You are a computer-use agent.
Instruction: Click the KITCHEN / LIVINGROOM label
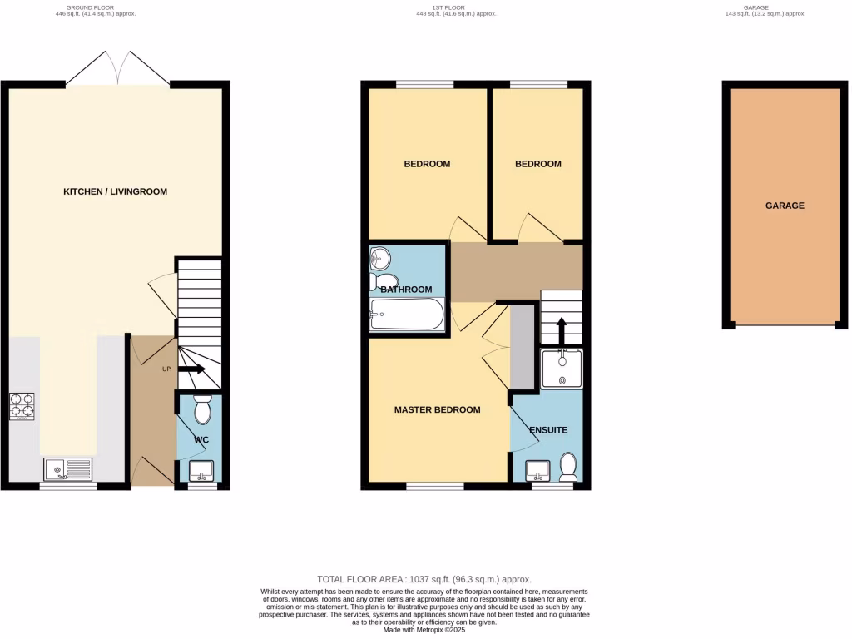(115, 191)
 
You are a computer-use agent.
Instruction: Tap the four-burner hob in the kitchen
(22, 405)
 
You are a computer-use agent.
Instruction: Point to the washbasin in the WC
(201, 472)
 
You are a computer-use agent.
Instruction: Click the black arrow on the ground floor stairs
(191, 369)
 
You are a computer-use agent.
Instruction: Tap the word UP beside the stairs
(166, 369)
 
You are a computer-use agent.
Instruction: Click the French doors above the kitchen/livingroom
(117, 68)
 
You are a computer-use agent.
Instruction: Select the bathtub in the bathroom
(407, 315)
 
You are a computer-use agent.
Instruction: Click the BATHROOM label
(407, 290)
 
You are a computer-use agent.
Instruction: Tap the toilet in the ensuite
(569, 467)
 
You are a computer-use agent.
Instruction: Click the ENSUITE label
(548, 430)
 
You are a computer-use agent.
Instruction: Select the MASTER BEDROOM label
(437, 409)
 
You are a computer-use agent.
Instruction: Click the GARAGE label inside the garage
(785, 205)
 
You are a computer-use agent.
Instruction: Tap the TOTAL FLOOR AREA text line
(424, 579)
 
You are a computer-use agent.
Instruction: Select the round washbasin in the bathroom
(381, 258)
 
